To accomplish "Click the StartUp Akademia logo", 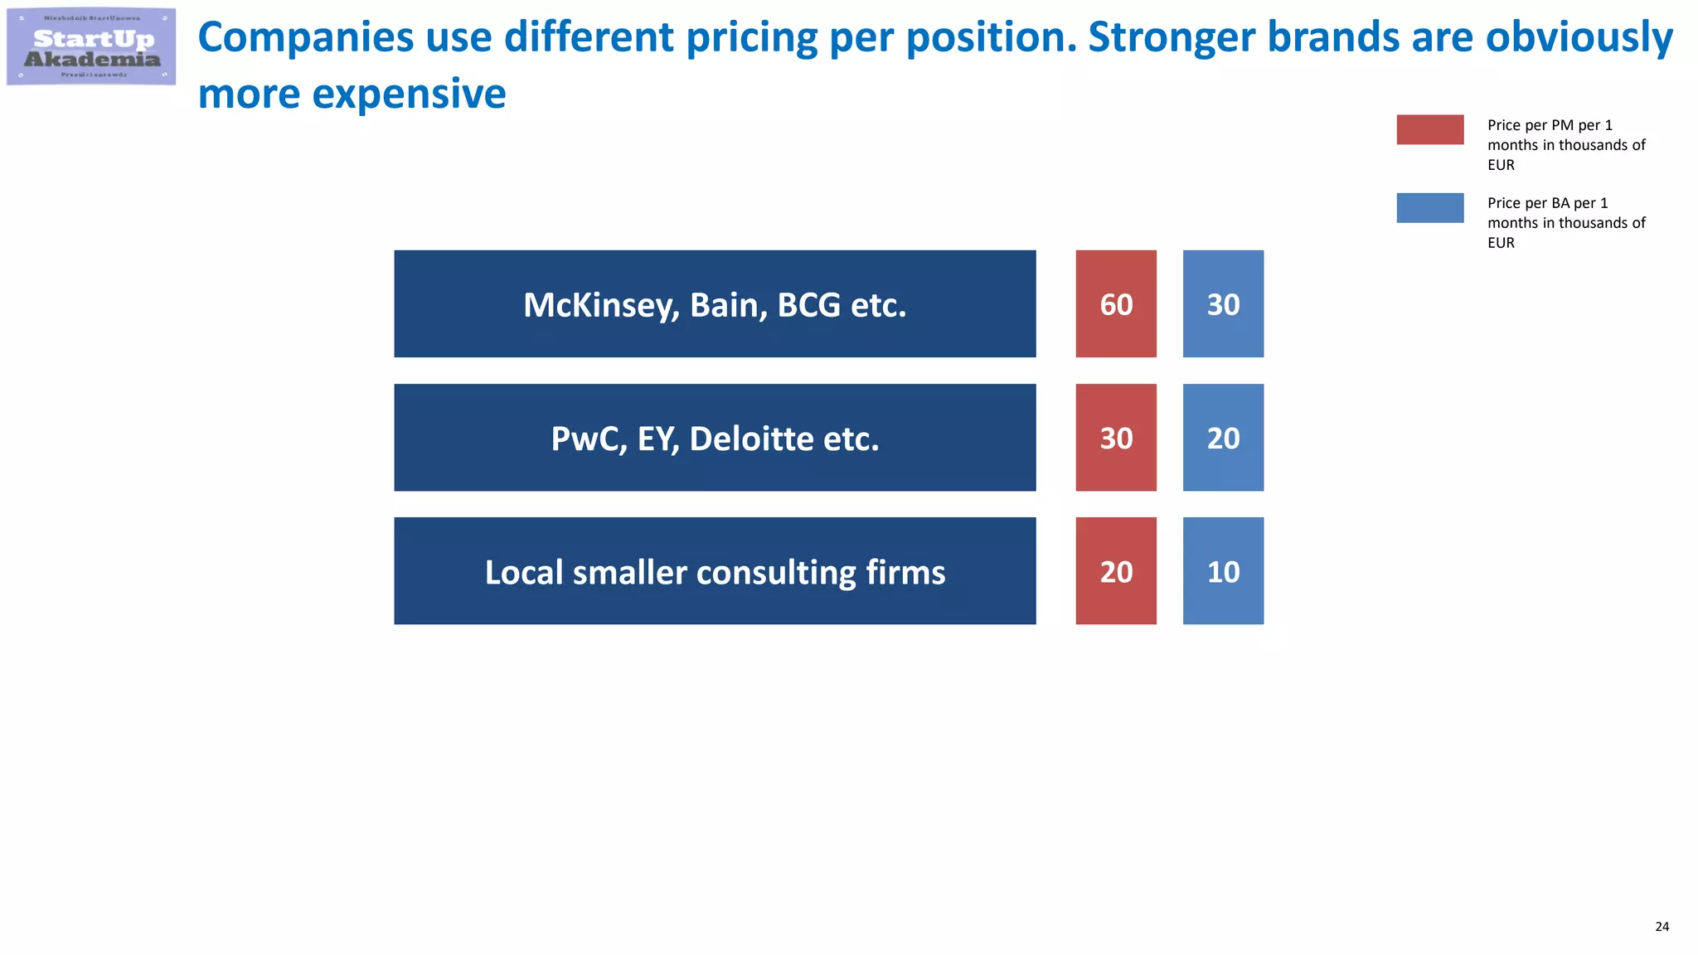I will click(91, 47).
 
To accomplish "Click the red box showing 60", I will click(1115, 304).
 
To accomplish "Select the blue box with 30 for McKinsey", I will click(1223, 304).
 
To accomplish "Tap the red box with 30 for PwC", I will click(1115, 438).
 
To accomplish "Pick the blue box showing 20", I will click(1223, 438).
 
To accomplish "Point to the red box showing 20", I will click(1115, 571).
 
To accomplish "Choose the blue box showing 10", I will click(1223, 571).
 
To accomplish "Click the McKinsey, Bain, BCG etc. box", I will click(715, 304).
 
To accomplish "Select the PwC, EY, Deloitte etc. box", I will click(715, 438).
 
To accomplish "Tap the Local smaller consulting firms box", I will click(715, 571).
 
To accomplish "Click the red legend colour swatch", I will click(1429, 130).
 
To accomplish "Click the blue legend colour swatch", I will click(1429, 208).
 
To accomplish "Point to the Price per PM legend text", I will click(1565, 145).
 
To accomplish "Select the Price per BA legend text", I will click(1565, 223).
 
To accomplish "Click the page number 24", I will click(1662, 927).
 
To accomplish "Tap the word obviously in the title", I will click(1579, 39).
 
